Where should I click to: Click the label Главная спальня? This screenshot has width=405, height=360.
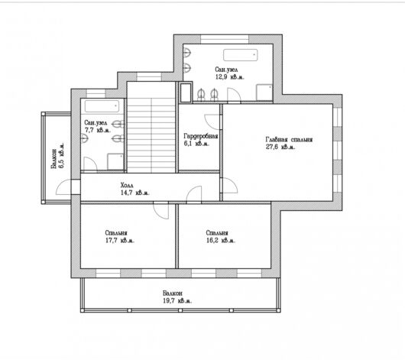click(289, 140)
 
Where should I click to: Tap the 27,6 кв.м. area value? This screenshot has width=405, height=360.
click(280, 147)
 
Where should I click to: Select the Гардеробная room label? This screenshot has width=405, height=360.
click(201, 136)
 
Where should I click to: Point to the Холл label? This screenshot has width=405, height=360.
click(127, 185)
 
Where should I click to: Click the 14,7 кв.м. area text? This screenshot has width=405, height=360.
click(134, 193)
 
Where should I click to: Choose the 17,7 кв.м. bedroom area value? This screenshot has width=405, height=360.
click(120, 240)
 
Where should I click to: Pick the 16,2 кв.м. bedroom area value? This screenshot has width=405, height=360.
click(221, 240)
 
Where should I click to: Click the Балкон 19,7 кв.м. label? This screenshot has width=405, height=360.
click(177, 297)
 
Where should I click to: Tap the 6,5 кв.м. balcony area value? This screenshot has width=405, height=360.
click(61, 156)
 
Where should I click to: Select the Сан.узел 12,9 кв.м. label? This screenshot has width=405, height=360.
click(229, 73)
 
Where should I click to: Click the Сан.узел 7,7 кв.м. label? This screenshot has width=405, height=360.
click(97, 126)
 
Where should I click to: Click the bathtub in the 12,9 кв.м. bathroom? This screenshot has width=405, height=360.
click(241, 55)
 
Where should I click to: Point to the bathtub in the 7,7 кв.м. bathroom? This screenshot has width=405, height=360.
click(102, 106)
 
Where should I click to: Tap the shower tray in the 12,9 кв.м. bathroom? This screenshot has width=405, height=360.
click(264, 92)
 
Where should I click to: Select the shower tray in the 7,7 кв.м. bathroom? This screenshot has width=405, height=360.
click(115, 161)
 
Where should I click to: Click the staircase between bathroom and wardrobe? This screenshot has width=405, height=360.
click(151, 127)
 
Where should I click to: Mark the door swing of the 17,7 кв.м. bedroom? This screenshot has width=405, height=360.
click(161, 211)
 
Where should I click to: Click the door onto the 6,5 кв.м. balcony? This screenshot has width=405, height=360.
click(63, 187)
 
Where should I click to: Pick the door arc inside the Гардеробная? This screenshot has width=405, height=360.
click(212, 122)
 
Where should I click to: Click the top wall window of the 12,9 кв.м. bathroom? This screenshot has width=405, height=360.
click(225, 39)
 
